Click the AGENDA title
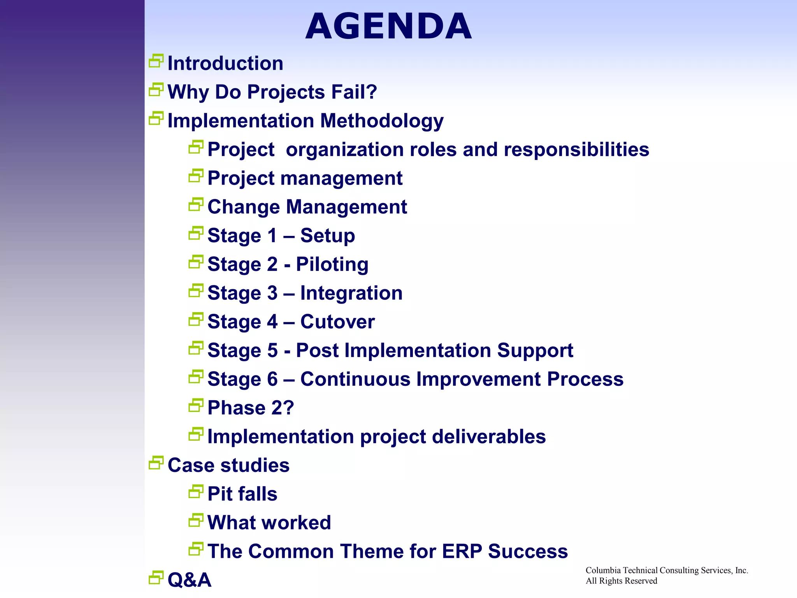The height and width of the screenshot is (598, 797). pyautogui.click(x=388, y=26)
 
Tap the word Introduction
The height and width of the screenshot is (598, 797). pyautogui.click(x=225, y=63)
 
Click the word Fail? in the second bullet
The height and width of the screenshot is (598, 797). pyautogui.click(x=354, y=92)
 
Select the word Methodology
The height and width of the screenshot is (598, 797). pyautogui.click(x=382, y=121)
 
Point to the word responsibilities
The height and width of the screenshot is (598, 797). pyautogui.click(x=576, y=150)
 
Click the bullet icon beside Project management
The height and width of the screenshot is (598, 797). pyautogui.click(x=196, y=176)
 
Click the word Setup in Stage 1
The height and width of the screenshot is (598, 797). pyautogui.click(x=327, y=236)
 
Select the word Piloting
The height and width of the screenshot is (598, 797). pyautogui.click(x=332, y=265)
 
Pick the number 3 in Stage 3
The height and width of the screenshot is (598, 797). pyautogui.click(x=272, y=293)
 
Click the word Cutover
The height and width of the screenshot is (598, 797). pyautogui.click(x=337, y=322)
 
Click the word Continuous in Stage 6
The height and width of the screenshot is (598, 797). pyautogui.click(x=355, y=380)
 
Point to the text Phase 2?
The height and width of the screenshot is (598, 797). pyautogui.click(x=251, y=408)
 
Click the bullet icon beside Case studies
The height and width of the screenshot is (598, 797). pyautogui.click(x=156, y=463)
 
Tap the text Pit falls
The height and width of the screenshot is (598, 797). pyautogui.click(x=242, y=494)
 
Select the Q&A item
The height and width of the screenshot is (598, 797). pyautogui.click(x=189, y=580)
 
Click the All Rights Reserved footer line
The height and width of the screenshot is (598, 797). pyautogui.click(x=621, y=581)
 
